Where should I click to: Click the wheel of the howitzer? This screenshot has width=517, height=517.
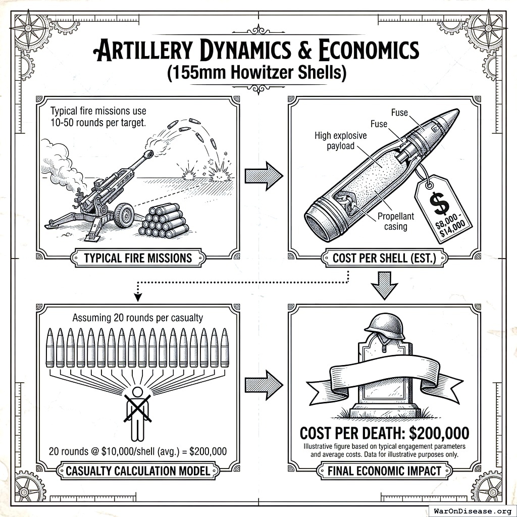click(x=124, y=216)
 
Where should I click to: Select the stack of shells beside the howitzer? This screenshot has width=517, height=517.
click(x=164, y=221)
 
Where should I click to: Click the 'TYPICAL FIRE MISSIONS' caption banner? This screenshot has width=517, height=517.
click(x=138, y=258)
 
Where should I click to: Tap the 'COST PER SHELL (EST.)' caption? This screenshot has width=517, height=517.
click(x=383, y=258)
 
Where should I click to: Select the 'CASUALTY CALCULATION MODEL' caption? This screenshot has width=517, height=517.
click(x=138, y=472)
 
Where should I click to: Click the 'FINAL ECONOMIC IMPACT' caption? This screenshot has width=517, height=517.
click(x=383, y=472)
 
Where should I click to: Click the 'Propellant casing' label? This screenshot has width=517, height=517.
click(x=396, y=221)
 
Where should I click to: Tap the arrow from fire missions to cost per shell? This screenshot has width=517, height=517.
click(x=263, y=176)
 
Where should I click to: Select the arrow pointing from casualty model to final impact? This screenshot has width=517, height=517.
click(x=263, y=385)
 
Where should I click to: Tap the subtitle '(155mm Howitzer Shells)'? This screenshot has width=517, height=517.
click(x=257, y=73)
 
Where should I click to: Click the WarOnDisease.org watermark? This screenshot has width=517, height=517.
click(x=472, y=510)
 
